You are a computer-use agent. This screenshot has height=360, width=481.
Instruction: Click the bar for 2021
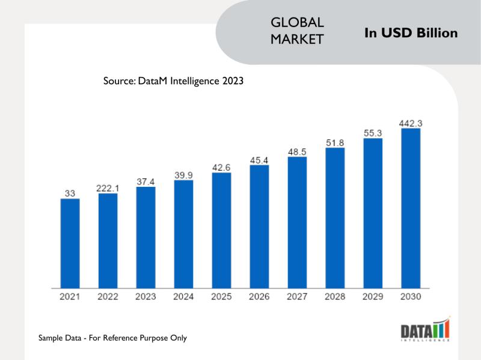(70, 243)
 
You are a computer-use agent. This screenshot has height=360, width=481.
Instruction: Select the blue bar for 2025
(221, 230)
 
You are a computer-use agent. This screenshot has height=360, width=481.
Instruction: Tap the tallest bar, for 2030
(411, 207)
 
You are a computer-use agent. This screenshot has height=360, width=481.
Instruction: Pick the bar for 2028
(335, 218)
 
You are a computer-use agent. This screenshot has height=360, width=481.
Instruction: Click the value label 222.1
(108, 188)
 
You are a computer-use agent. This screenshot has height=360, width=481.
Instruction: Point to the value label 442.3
(411, 123)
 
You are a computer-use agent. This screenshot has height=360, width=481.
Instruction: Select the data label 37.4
(146, 182)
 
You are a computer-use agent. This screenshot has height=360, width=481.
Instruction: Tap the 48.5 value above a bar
(297, 152)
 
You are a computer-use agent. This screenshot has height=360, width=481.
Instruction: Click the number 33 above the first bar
(70, 194)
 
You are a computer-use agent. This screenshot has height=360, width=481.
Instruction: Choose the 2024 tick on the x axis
(183, 297)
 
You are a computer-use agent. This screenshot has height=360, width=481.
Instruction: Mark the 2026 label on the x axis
(259, 297)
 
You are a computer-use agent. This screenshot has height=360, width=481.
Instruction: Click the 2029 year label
(373, 297)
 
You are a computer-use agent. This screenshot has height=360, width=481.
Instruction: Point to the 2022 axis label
(108, 297)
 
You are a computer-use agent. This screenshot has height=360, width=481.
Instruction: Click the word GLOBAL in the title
(298, 22)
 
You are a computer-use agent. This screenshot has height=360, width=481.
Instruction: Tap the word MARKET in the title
(298, 39)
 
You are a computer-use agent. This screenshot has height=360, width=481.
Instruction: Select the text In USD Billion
(411, 33)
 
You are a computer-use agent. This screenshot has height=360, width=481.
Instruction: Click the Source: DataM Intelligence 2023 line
(173, 81)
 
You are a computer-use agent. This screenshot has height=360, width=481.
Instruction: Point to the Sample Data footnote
(112, 338)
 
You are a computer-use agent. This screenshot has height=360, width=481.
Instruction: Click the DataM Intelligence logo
(425, 330)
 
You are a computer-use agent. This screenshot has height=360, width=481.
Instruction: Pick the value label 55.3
(373, 132)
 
